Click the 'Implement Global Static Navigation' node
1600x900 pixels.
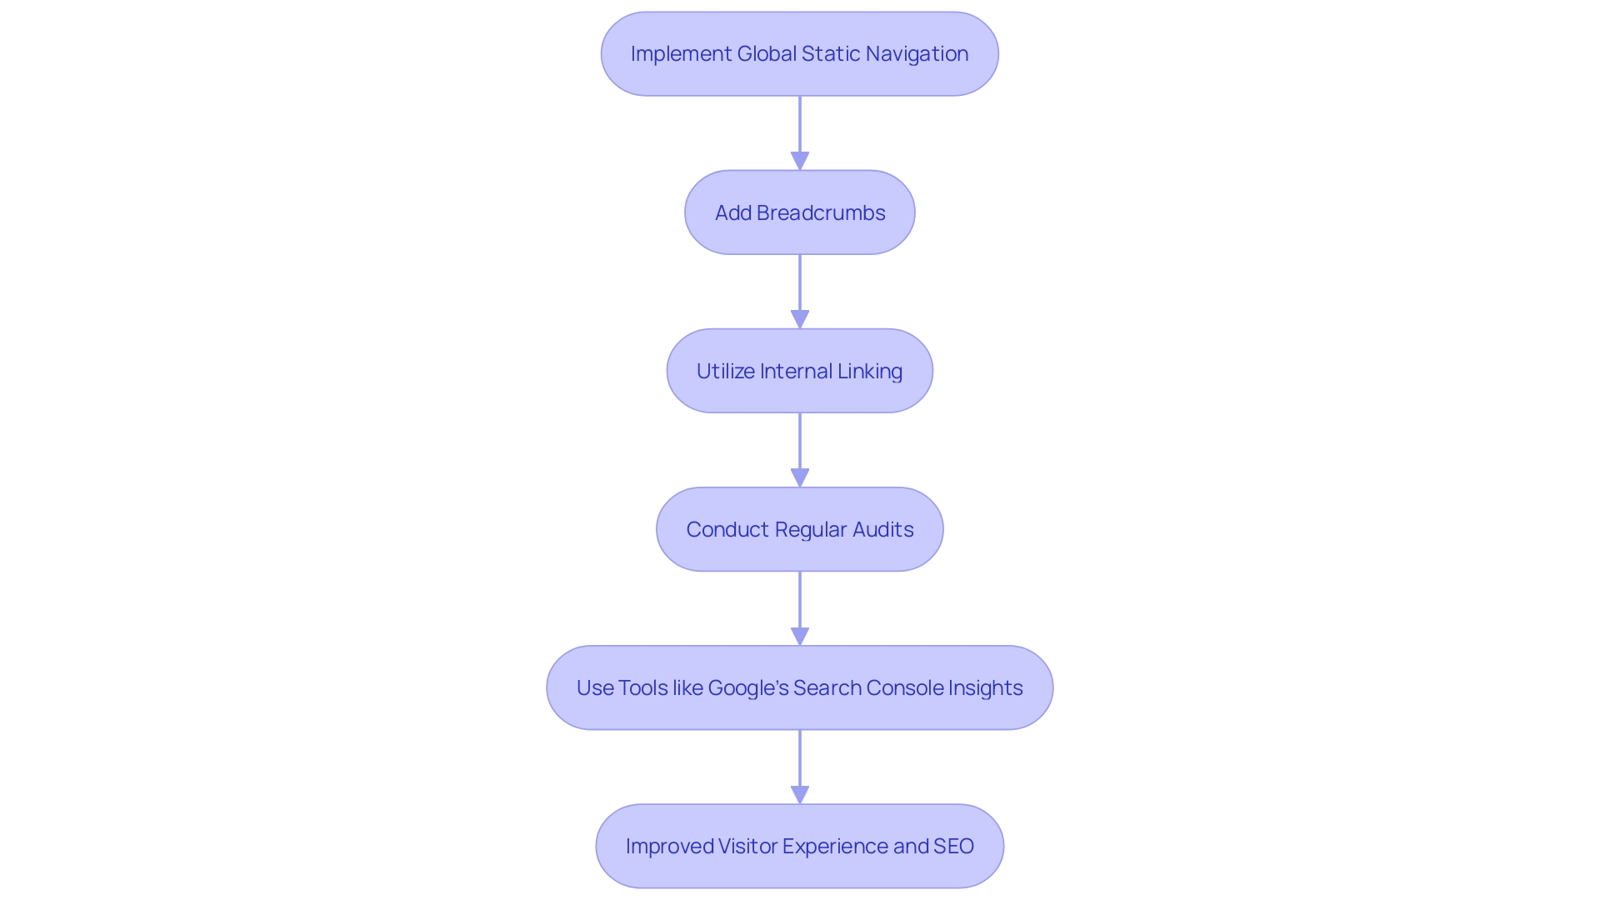tap(799, 54)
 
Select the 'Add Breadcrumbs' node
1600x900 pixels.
tap(799, 212)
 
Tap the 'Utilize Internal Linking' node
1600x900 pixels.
tap(799, 371)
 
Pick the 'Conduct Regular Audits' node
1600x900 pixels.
tap(799, 529)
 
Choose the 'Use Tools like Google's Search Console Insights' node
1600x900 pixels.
tap(799, 687)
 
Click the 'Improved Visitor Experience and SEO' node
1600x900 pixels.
tap(799, 846)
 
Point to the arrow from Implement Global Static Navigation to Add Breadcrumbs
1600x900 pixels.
tap(800, 132)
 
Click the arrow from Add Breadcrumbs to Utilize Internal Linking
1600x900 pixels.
tap(800, 290)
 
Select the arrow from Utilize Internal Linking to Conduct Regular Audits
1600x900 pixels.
tap(800, 448)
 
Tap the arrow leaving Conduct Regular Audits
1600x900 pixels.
tap(800, 607)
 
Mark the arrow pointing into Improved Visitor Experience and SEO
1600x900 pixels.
tap(800, 765)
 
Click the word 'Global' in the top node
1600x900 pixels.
tap(766, 54)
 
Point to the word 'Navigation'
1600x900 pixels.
tap(917, 54)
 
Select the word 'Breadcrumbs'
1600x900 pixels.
tap(821, 212)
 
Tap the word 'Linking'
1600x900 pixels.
tap(869, 371)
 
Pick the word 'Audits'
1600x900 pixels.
tap(882, 529)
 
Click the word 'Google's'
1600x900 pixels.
tap(747, 687)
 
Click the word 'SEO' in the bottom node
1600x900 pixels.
tap(953, 846)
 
